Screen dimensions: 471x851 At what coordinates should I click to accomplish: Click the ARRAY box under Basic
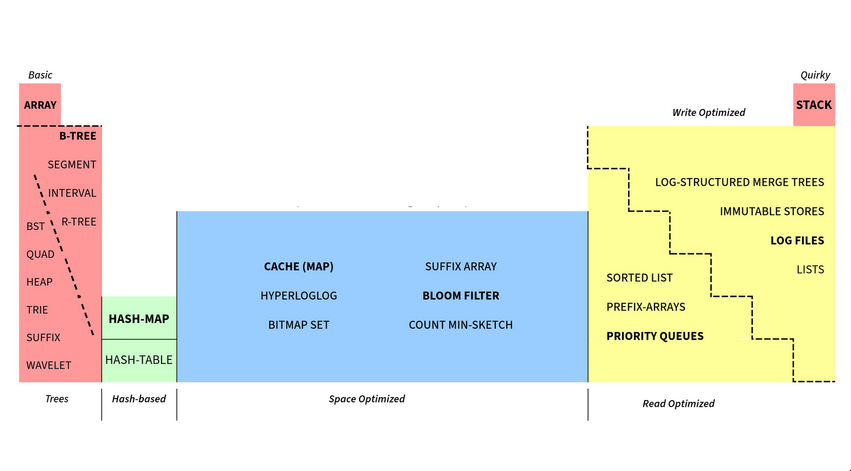40,105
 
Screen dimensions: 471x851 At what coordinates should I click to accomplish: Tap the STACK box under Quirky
814,105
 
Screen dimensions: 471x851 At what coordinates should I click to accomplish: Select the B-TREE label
78,136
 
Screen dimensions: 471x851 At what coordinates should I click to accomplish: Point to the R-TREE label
79,222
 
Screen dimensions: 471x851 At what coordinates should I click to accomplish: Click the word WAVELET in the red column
49,365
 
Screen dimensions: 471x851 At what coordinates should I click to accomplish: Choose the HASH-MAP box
139,319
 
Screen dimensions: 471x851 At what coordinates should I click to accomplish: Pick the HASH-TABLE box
139,360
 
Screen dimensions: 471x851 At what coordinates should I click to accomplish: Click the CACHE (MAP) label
299,267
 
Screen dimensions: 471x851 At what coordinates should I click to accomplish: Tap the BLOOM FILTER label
461,296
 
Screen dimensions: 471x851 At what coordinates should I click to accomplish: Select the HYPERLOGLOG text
299,296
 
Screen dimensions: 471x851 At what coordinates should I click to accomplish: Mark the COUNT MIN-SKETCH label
461,325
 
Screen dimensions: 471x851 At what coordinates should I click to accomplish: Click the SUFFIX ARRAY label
461,267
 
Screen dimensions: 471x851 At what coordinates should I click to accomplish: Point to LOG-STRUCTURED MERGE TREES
740,182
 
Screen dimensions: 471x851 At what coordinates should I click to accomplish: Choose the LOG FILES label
797,241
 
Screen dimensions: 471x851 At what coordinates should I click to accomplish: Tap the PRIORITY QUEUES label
655,336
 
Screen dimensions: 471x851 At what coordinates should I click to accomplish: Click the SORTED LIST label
640,278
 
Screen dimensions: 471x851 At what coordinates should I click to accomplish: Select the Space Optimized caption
367,399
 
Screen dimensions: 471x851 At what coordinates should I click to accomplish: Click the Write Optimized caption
709,113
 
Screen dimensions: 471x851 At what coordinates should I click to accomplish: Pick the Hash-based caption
139,399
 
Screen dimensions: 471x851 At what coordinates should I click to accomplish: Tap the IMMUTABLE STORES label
772,212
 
